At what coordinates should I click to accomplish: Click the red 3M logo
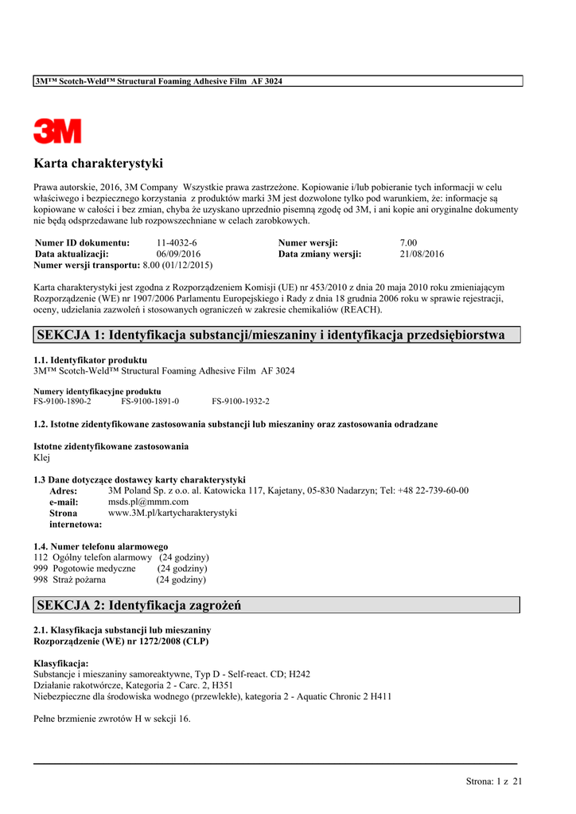(x=57, y=130)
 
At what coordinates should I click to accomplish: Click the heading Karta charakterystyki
(x=98, y=164)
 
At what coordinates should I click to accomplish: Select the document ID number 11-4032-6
(x=177, y=242)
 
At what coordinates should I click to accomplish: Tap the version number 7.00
(x=408, y=242)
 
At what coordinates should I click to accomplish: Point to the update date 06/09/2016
(x=178, y=254)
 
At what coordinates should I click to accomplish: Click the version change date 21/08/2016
(x=422, y=254)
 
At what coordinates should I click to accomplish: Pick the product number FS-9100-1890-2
(x=62, y=401)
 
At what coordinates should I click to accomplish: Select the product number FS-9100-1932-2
(x=240, y=401)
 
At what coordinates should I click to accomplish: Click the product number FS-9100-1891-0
(x=150, y=401)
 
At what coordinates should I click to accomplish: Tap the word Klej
(x=41, y=458)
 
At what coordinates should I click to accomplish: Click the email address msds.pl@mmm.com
(x=148, y=502)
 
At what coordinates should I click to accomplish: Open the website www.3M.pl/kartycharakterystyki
(x=172, y=513)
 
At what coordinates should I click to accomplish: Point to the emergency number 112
(x=41, y=557)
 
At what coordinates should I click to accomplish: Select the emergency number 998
(x=41, y=579)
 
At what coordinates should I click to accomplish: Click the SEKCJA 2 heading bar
(x=276, y=606)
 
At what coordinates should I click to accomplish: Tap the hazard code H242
(x=299, y=673)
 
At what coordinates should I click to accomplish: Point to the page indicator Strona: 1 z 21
(x=494, y=781)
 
